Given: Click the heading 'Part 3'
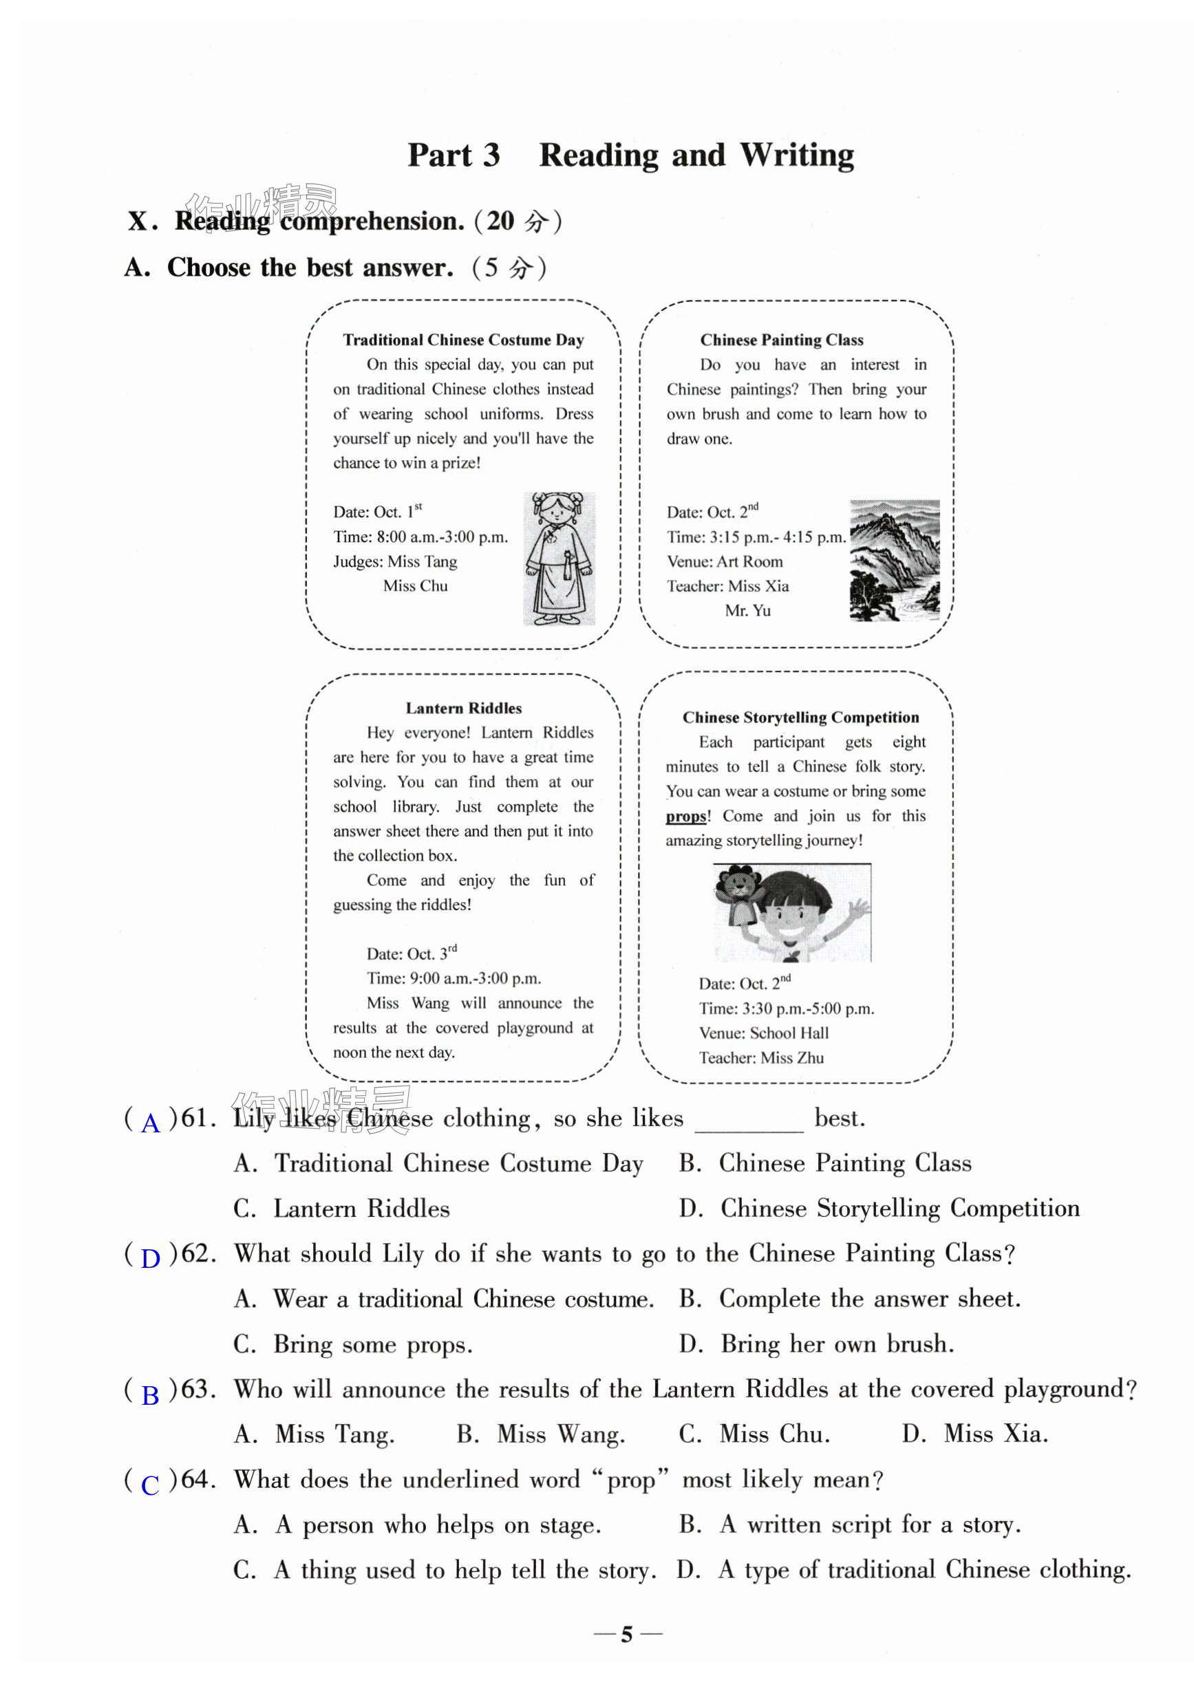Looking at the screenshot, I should click(x=454, y=155).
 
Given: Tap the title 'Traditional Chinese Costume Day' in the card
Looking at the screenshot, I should click(x=463, y=339).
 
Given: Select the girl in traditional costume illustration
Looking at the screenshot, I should click(x=559, y=559).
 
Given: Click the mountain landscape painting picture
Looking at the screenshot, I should click(x=894, y=560).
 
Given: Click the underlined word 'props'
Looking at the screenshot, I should click(x=686, y=817).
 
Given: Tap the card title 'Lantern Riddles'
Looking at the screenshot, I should click(x=463, y=708).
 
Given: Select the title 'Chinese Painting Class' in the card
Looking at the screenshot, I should click(x=782, y=339).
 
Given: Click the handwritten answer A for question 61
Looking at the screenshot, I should click(x=151, y=1123).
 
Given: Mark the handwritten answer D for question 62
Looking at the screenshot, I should click(x=151, y=1258).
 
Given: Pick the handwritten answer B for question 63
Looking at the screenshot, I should click(x=151, y=1394).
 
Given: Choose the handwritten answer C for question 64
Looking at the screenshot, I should click(x=151, y=1485).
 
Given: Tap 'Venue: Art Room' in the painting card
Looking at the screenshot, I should click(x=725, y=561).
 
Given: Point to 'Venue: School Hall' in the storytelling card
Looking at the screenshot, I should click(x=763, y=1033).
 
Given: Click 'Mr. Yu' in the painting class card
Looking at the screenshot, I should click(x=748, y=611).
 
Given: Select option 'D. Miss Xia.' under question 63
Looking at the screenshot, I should click(x=975, y=1434).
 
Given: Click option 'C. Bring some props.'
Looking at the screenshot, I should click(x=353, y=1344).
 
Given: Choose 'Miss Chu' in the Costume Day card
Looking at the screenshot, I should click(x=416, y=585).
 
